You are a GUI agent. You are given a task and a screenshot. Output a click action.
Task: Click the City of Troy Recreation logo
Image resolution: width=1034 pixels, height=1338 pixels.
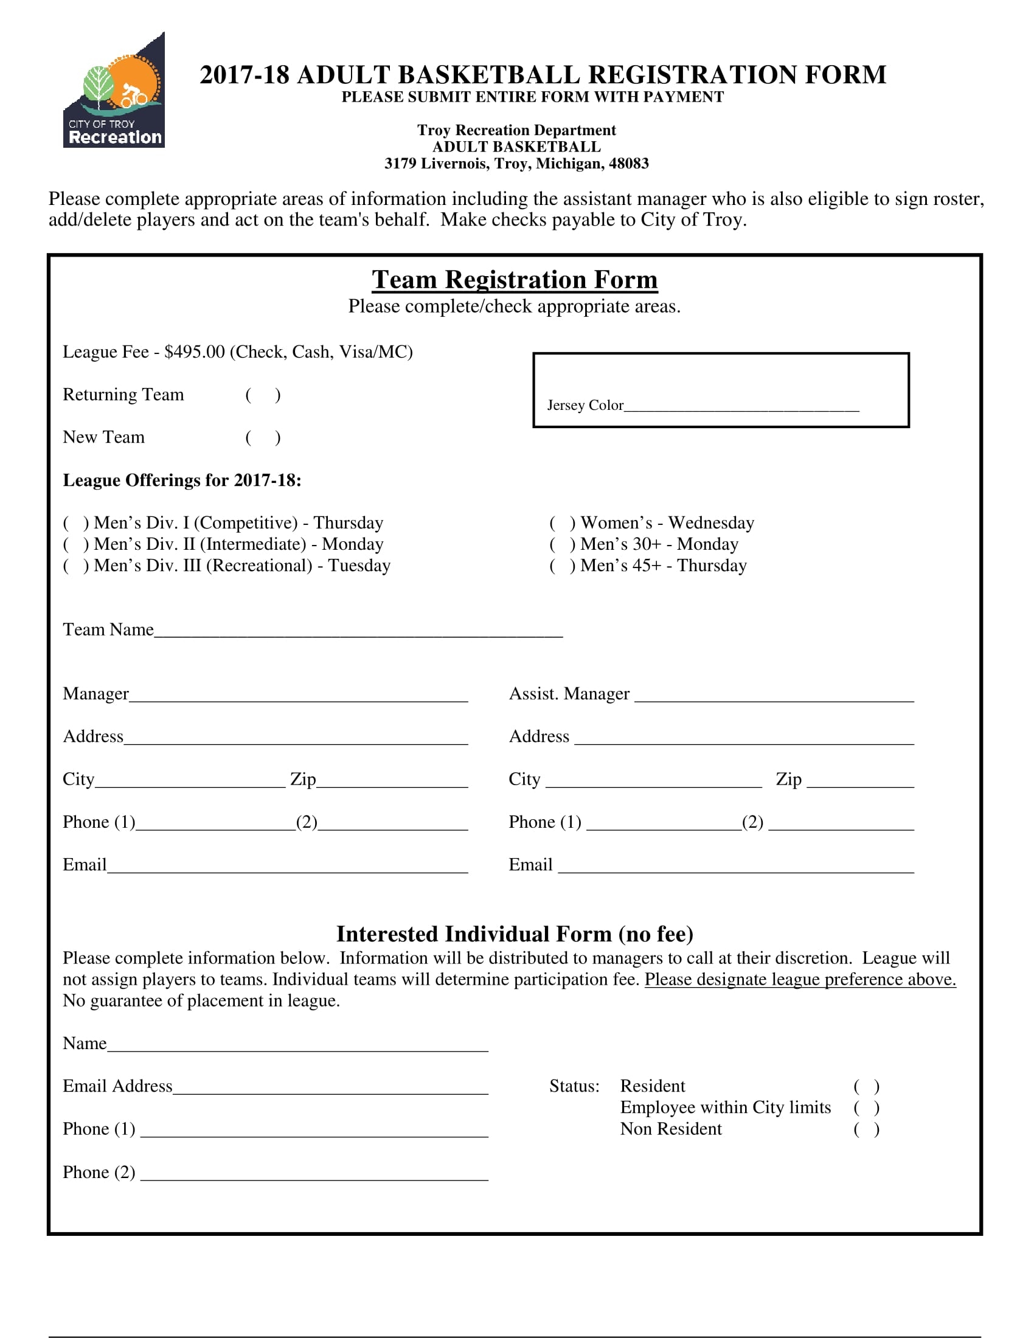pyautogui.click(x=114, y=91)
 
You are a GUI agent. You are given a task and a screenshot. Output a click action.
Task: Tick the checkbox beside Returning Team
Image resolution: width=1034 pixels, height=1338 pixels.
pyautogui.click(x=263, y=395)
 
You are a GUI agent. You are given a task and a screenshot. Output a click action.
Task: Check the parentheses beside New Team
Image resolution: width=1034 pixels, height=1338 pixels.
pyautogui.click(x=263, y=437)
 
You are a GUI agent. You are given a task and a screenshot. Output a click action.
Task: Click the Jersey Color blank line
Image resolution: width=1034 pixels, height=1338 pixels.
pyautogui.click(x=741, y=406)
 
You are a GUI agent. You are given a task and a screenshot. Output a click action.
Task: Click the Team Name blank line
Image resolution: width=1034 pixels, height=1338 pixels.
pyautogui.click(x=358, y=631)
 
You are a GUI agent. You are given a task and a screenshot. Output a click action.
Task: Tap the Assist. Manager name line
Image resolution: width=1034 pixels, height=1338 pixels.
pyautogui.click(x=774, y=695)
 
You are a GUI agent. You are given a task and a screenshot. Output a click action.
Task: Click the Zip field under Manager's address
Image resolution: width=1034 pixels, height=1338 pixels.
pyautogui.click(x=392, y=780)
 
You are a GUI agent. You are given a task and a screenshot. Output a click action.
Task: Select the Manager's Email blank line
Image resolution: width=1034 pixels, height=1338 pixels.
pyautogui.click(x=287, y=866)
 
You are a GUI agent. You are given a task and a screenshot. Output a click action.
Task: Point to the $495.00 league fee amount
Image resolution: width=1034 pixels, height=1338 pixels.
pyautogui.click(x=194, y=352)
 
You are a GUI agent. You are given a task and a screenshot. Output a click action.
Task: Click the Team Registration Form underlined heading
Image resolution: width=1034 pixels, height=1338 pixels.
pyautogui.click(x=515, y=280)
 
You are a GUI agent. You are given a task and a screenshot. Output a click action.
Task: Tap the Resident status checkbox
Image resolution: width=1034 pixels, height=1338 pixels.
pyautogui.click(x=866, y=1087)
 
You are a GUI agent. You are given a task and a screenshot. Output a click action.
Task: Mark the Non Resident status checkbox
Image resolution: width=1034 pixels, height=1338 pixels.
pyautogui.click(x=866, y=1130)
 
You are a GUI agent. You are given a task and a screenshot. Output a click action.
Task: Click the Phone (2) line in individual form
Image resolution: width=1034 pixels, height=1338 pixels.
pyautogui.click(x=314, y=1173)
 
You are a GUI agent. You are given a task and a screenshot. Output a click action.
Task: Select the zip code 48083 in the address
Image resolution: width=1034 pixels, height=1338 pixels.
pyautogui.click(x=628, y=164)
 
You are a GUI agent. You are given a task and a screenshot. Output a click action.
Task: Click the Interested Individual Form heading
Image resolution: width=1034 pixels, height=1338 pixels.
pyautogui.click(x=515, y=934)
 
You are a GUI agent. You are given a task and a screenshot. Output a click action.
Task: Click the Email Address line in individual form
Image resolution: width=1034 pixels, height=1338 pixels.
pyautogui.click(x=330, y=1087)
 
